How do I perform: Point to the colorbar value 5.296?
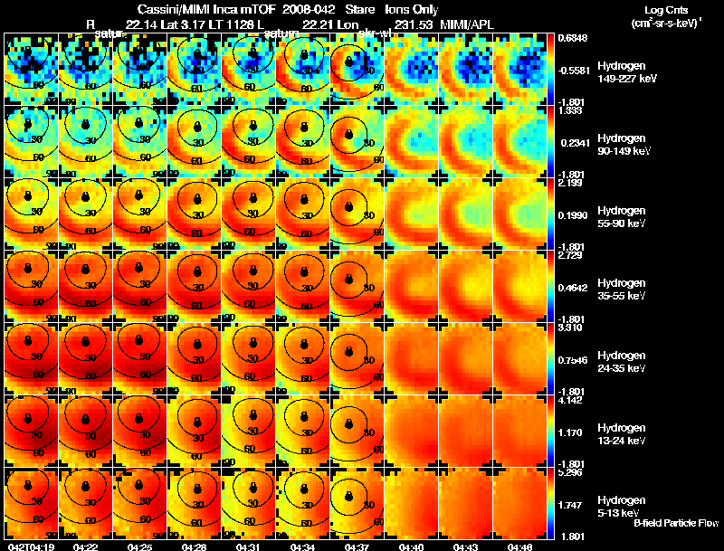[x=570, y=471]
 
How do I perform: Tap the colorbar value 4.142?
[x=570, y=399]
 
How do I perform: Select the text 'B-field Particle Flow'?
[x=675, y=523]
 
